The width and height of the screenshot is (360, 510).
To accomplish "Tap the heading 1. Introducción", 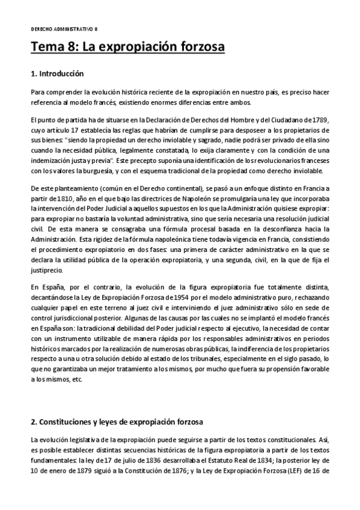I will click(57, 74).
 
